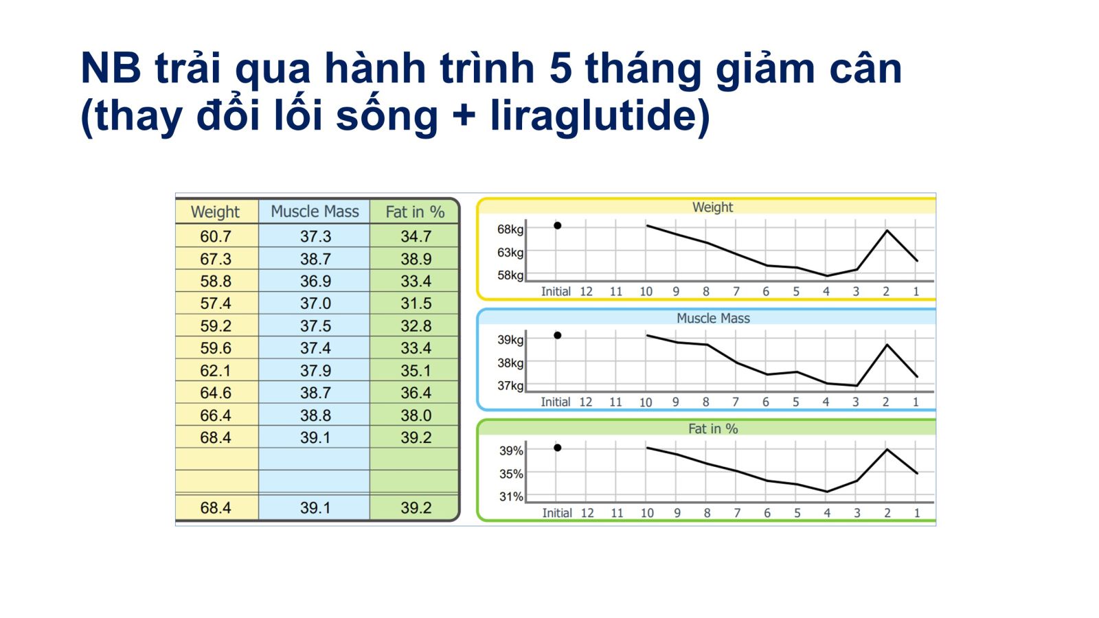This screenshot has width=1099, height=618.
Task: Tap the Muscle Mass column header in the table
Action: (x=315, y=211)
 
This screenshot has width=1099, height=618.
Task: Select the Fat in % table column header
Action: (x=415, y=212)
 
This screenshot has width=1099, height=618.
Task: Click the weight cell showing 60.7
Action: (x=216, y=236)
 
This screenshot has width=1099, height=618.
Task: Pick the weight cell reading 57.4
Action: (x=216, y=303)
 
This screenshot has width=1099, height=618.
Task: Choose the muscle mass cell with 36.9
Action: (x=315, y=281)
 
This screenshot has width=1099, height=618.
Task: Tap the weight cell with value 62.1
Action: (x=216, y=370)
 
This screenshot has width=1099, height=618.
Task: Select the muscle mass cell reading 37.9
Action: (x=315, y=370)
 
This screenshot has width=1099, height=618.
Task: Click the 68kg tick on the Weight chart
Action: (x=510, y=229)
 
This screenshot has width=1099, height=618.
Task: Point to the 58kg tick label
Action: (x=510, y=275)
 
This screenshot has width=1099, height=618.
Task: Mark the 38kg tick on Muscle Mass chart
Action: (x=510, y=363)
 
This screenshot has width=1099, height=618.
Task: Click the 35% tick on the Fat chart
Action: (x=511, y=474)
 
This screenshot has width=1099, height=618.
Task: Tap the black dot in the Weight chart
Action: (x=557, y=226)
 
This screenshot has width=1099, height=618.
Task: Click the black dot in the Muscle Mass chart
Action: (x=557, y=336)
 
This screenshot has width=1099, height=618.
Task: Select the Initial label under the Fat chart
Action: (x=557, y=513)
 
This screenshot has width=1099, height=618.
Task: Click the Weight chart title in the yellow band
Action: (x=712, y=207)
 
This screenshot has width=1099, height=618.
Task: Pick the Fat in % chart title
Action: (x=713, y=428)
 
